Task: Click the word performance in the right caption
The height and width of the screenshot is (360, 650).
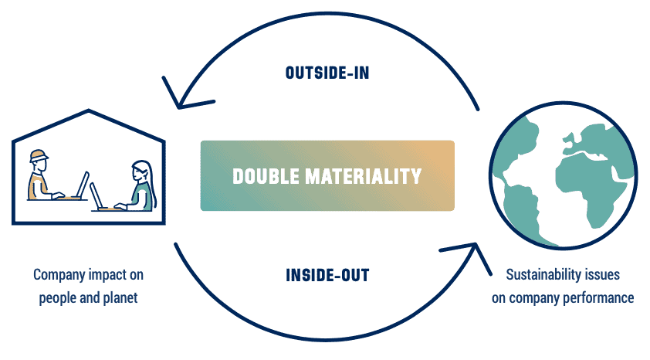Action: [599, 297]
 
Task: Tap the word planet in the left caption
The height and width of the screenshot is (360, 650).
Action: [120, 297]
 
